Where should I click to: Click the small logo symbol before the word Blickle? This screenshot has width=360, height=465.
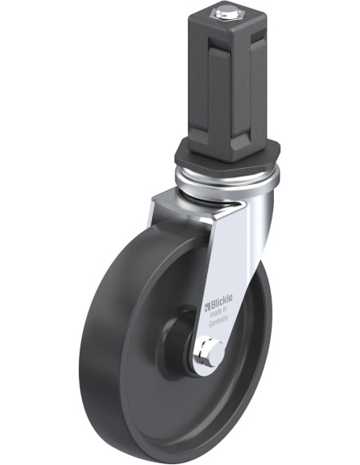click(x=205, y=304)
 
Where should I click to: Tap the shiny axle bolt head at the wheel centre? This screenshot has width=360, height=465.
click(x=211, y=350)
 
